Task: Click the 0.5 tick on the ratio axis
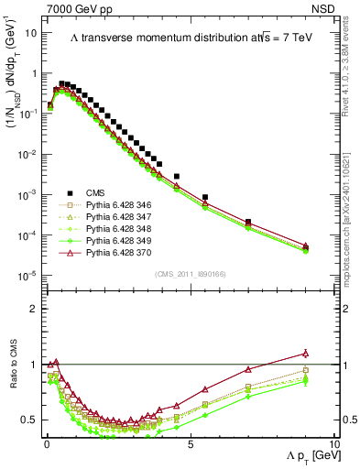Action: point(30,420)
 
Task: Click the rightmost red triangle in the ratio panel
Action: point(305,354)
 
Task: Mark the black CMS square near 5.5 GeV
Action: point(205,197)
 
